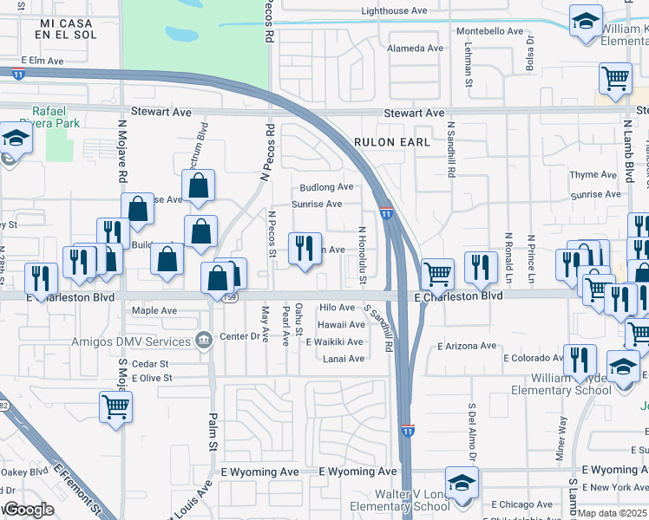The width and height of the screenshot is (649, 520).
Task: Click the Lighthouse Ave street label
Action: [395, 11]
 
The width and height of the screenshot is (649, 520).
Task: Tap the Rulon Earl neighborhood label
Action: [391, 141]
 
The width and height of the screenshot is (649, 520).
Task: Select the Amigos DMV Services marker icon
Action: [203, 339]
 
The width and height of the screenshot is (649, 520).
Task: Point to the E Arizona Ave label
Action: [467, 346]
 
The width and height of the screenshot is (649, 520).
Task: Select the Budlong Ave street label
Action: [326, 187]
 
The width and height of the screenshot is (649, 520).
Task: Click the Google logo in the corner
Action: [28, 510]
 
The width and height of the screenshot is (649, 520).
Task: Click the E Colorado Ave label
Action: [534, 358]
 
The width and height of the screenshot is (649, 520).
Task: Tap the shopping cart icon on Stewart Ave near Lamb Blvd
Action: [615, 78]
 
